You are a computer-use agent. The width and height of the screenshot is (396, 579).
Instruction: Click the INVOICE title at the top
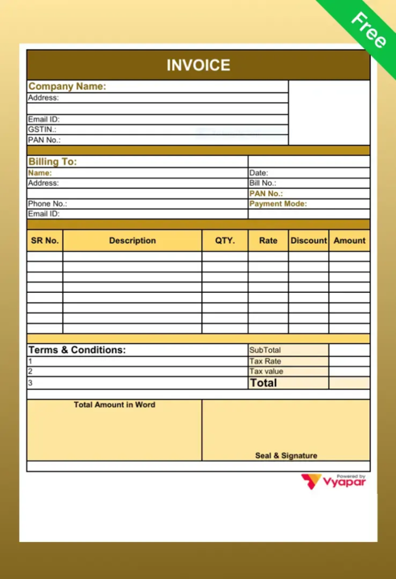(198, 65)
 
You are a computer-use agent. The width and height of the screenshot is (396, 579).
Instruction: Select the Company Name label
(67, 87)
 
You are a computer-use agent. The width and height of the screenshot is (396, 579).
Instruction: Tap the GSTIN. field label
(42, 129)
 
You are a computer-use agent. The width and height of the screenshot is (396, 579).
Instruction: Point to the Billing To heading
(52, 162)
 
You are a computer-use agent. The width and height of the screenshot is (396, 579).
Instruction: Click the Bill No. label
(262, 183)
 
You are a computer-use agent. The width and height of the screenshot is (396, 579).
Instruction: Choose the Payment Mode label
(278, 204)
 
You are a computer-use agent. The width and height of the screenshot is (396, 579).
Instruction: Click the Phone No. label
(47, 204)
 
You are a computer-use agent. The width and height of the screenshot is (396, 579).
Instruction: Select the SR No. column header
(45, 240)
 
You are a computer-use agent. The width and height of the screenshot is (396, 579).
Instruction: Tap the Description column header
(132, 240)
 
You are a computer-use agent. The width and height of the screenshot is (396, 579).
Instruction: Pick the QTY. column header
(225, 240)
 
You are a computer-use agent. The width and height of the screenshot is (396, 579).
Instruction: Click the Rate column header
(268, 240)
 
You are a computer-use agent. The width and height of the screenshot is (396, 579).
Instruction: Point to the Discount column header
(308, 240)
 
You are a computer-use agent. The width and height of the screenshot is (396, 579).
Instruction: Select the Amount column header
(349, 240)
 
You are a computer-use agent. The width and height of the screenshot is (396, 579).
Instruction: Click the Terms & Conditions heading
(77, 351)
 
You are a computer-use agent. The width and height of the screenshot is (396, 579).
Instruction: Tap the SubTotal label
(265, 351)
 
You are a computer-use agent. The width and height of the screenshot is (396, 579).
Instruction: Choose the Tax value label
(266, 372)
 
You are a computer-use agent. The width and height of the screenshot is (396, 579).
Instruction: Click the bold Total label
(263, 384)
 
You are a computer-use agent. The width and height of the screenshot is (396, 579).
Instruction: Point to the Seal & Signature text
(286, 456)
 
